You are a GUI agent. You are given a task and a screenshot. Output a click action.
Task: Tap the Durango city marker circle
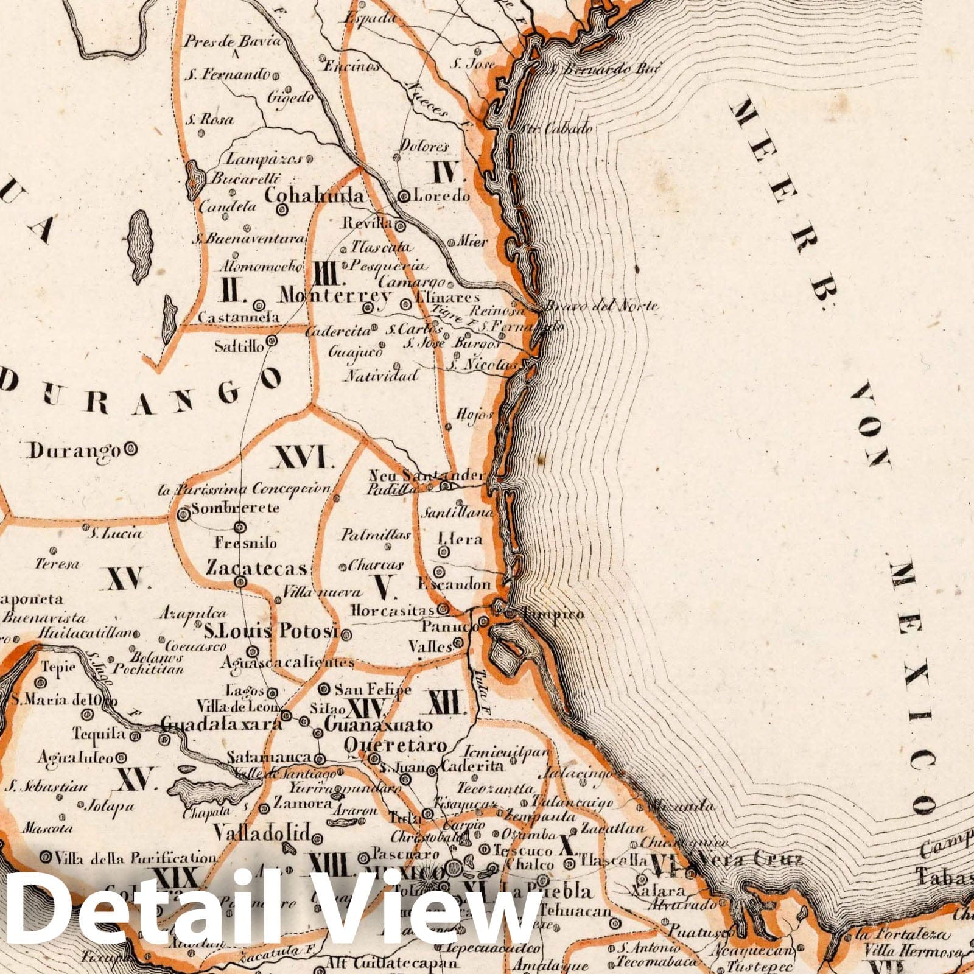click(130, 450)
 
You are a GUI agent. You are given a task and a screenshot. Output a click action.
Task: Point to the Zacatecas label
click(256, 568)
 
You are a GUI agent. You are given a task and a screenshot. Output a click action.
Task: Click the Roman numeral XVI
click(305, 458)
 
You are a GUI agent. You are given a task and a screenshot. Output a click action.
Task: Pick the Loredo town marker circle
click(403, 196)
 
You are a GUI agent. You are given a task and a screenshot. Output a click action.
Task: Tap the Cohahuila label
click(315, 196)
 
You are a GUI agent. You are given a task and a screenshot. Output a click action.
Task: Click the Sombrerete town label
click(235, 508)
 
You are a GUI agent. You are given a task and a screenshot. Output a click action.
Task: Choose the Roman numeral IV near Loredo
click(449, 174)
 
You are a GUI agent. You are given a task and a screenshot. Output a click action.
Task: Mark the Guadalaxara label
click(222, 723)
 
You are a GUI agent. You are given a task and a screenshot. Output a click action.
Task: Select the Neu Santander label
click(426, 475)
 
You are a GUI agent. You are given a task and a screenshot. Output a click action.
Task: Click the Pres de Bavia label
click(233, 41)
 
